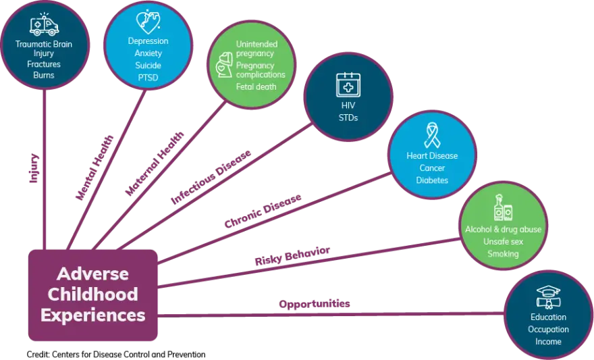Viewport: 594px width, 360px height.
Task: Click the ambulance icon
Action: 45,25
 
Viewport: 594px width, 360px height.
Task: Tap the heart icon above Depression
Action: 148,22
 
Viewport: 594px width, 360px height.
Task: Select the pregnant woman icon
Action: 223,65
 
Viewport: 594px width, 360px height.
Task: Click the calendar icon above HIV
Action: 348,86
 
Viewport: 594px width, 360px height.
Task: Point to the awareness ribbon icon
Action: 432,134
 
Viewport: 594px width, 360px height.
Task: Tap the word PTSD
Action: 148,77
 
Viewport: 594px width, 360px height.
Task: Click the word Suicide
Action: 148,65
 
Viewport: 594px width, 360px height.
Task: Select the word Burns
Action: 44,75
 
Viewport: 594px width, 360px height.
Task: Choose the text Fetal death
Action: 256,87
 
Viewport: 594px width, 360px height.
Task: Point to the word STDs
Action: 348,118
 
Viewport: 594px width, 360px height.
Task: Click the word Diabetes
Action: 432,180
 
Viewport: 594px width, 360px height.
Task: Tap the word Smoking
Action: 504,254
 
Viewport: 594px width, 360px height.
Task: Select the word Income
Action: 548,342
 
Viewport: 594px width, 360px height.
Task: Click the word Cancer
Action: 432,168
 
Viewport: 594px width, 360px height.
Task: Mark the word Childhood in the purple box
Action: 93,294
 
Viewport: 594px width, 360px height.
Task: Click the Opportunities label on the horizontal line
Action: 314,304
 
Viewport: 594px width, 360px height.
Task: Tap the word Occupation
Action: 548,330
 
